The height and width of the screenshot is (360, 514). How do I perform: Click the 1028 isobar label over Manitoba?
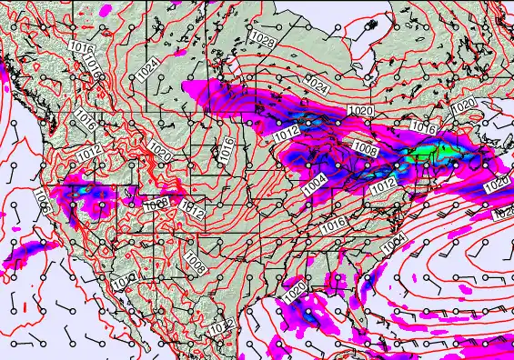(263, 40)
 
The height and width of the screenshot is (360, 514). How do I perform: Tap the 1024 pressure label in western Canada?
(148, 66)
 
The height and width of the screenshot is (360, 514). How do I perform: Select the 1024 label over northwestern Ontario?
(316, 85)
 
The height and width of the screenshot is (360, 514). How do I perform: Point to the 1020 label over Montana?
(160, 147)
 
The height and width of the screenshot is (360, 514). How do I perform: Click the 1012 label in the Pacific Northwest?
(90, 155)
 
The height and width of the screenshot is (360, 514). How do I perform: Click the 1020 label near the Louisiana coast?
(294, 294)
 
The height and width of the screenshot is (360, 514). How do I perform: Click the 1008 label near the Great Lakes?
(366, 149)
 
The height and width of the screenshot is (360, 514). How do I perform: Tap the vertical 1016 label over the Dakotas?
(227, 151)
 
